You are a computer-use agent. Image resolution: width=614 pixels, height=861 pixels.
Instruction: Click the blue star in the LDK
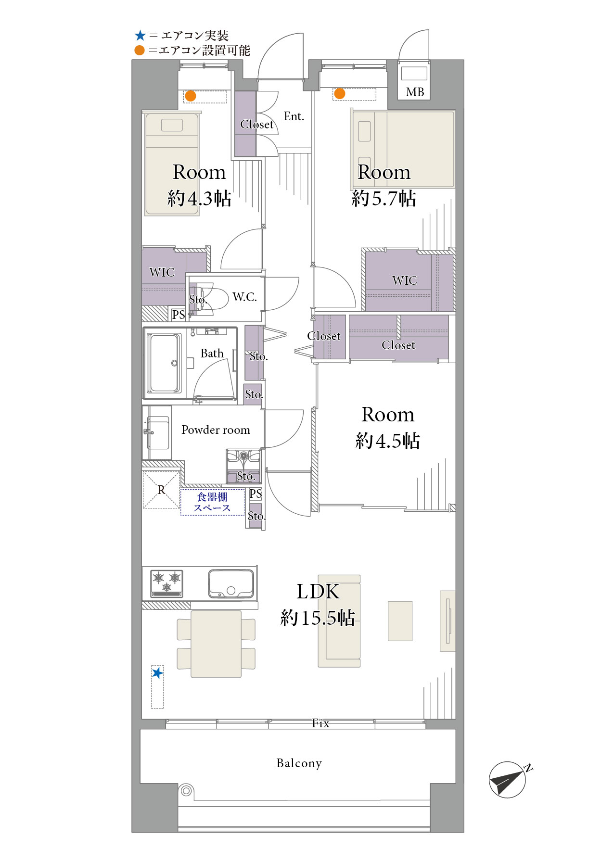pyautogui.click(x=157, y=673)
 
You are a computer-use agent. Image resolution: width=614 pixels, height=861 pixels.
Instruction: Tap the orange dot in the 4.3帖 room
pyautogui.click(x=191, y=96)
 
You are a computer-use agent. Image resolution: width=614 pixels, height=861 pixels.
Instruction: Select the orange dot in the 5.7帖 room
pyautogui.click(x=340, y=93)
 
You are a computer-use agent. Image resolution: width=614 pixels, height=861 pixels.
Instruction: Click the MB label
pyautogui.click(x=415, y=92)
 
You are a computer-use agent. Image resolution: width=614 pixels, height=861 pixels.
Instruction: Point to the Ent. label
pyautogui.click(x=294, y=116)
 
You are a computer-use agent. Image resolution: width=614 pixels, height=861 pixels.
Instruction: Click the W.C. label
pyautogui.click(x=244, y=297)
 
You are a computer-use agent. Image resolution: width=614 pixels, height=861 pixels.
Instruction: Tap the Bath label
pyautogui.click(x=212, y=354)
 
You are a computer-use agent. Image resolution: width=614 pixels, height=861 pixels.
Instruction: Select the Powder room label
pyautogui.click(x=216, y=430)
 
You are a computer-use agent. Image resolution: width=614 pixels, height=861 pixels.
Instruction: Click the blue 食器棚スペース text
pyautogui.click(x=212, y=502)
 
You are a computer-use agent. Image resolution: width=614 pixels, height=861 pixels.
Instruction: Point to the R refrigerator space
pyautogui.click(x=161, y=490)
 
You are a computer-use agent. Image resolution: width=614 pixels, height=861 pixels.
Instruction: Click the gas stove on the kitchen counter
pyautogui.click(x=167, y=583)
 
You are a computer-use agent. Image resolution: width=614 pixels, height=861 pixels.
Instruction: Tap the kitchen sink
pyautogui.click(x=231, y=583)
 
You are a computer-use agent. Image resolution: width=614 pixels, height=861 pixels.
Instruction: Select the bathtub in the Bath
pyautogui.click(x=164, y=363)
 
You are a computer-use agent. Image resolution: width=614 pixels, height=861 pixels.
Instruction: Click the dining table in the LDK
pyautogui.click(x=216, y=644)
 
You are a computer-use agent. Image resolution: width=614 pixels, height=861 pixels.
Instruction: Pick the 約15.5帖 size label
pyautogui.click(x=318, y=618)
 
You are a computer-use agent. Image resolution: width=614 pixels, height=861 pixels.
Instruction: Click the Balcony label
pyautogui.click(x=299, y=763)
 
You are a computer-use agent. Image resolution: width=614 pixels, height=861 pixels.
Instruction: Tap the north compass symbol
pyautogui.click(x=508, y=779)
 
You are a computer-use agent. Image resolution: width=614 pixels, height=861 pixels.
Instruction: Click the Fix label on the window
pyautogui.click(x=320, y=723)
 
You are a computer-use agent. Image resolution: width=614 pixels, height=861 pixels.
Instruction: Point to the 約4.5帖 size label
pyautogui.click(x=388, y=441)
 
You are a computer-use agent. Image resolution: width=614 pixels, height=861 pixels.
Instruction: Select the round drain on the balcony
pyautogui.click(x=186, y=790)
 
